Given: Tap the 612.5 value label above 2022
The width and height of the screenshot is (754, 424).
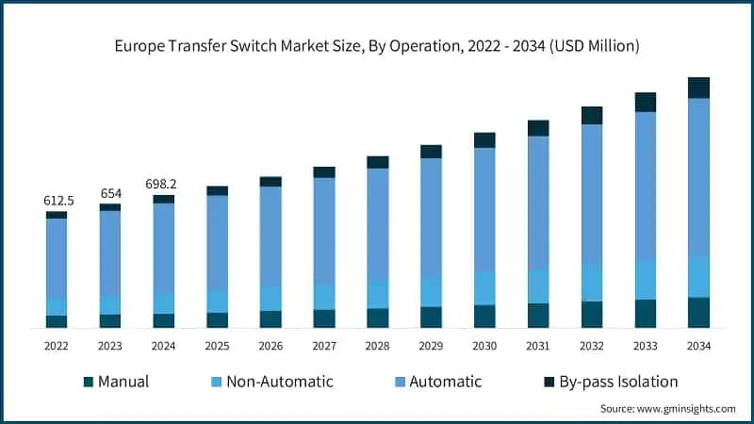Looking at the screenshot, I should pyautogui.click(x=57, y=201).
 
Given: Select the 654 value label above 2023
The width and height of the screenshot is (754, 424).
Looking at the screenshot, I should pyautogui.click(x=110, y=193).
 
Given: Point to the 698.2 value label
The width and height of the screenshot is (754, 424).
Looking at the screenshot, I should pyautogui.click(x=163, y=185).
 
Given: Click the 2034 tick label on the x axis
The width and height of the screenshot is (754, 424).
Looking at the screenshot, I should pyautogui.click(x=698, y=347).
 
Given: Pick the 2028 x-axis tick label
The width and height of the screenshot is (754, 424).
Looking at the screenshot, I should pyautogui.click(x=377, y=347).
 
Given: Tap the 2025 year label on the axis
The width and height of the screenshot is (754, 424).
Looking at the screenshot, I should pyautogui.click(x=217, y=347).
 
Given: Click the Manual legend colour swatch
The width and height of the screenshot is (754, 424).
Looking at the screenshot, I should pyautogui.click(x=89, y=382).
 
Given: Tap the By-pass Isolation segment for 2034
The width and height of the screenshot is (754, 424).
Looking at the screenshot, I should pyautogui.click(x=698, y=88).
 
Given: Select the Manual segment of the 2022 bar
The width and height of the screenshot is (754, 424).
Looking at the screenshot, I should pyautogui.click(x=57, y=321).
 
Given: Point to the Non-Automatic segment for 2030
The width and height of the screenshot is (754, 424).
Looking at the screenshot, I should pyautogui.click(x=484, y=288).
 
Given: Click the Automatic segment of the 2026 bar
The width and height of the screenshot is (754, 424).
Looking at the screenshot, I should pyautogui.click(x=270, y=236).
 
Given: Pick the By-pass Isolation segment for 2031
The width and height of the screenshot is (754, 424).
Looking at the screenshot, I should pyautogui.click(x=538, y=128).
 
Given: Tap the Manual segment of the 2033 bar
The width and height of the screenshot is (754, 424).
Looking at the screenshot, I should pyautogui.click(x=646, y=314).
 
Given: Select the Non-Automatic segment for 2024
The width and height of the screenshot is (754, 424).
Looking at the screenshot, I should pyautogui.click(x=163, y=303).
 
